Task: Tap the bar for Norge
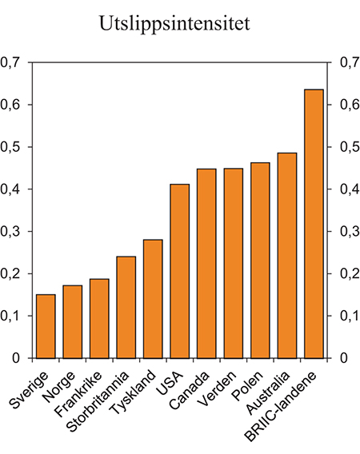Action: (73, 321)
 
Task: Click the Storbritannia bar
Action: (126, 307)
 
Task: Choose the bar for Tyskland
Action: (153, 299)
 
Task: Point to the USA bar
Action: (180, 271)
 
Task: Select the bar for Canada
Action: (206, 264)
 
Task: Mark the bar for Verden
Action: (234, 263)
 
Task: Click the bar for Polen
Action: (260, 261)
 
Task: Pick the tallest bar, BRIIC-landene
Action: (314, 224)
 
